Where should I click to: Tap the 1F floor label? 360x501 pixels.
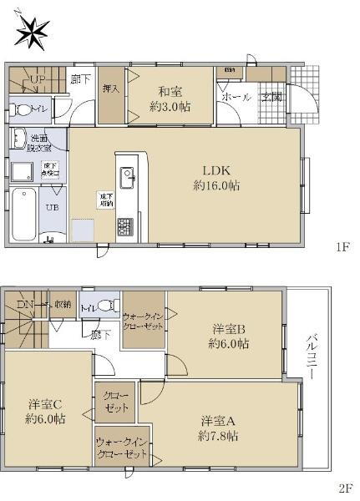click(x=342, y=247)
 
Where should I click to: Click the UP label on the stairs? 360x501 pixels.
click(x=38, y=79)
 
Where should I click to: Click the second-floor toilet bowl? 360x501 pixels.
click(x=104, y=306)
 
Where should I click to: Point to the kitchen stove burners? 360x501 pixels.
click(x=126, y=225)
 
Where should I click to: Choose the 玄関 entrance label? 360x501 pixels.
click(x=271, y=97)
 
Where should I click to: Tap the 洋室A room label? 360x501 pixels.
click(x=219, y=427)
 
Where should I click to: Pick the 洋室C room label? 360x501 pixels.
click(x=45, y=410)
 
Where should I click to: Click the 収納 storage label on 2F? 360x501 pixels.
click(x=63, y=305)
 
